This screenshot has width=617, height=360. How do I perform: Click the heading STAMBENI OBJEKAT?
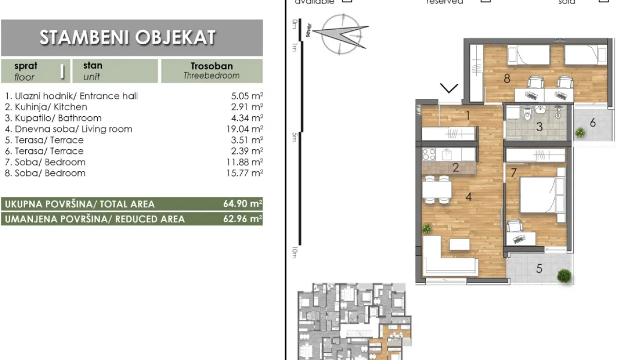(x=128, y=38)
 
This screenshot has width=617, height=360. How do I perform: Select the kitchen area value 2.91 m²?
(x=247, y=107)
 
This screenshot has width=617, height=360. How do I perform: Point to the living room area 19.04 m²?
(x=247, y=129)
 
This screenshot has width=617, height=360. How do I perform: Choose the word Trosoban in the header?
(x=211, y=66)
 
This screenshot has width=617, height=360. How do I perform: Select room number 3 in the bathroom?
(x=539, y=127)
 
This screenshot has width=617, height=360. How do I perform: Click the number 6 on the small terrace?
(x=592, y=122)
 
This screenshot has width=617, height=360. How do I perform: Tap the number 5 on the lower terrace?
(x=539, y=268)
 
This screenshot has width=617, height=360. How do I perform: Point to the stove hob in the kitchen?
(x=429, y=154)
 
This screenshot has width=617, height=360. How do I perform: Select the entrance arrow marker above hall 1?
(x=449, y=89)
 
